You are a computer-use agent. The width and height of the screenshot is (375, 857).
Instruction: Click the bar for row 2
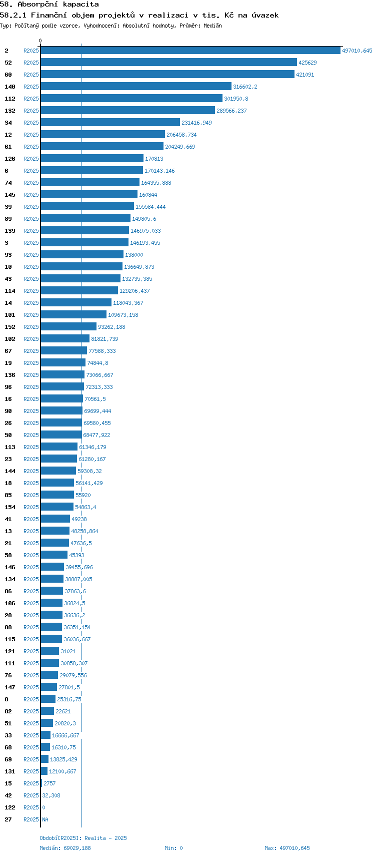click(190, 51)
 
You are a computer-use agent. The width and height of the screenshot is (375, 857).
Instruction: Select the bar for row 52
click(168, 63)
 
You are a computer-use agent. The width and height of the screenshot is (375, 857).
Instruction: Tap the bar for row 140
click(136, 87)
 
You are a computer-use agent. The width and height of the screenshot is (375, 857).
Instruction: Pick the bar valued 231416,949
click(110, 123)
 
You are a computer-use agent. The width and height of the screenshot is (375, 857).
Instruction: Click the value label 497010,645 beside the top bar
click(357, 51)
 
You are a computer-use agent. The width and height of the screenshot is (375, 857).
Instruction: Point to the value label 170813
click(154, 159)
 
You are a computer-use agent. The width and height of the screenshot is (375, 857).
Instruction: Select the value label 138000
click(134, 255)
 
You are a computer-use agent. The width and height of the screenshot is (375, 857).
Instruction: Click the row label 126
click(10, 159)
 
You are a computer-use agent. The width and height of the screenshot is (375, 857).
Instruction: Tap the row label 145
click(10, 195)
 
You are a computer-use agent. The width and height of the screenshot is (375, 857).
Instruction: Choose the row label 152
click(10, 327)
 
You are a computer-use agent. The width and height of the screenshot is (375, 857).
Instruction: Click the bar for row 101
click(73, 315)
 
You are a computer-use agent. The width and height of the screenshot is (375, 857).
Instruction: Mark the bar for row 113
click(59, 447)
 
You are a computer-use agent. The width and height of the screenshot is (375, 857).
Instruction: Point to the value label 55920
click(83, 495)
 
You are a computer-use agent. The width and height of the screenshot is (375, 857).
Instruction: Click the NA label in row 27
click(45, 819)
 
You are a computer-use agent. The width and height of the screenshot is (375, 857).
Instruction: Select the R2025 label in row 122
click(31, 807)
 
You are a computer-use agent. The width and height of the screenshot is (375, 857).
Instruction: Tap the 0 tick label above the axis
click(40, 41)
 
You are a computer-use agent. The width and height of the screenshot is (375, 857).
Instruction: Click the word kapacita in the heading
click(80, 4)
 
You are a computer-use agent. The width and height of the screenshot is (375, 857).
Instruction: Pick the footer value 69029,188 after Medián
click(77, 848)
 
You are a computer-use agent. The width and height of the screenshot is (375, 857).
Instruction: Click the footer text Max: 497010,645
click(287, 848)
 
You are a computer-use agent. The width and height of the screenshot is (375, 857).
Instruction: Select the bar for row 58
click(54, 555)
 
